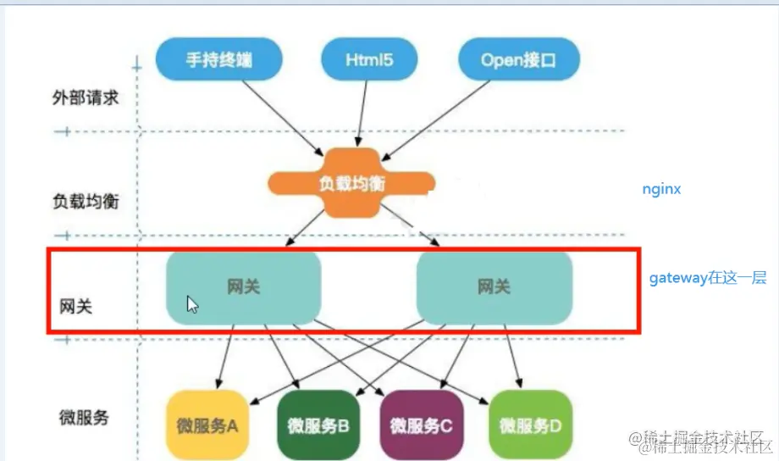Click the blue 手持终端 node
point(219,60)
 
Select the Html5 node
point(369,60)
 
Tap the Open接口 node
point(518,60)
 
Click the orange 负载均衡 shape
point(351,182)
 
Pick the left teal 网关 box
point(244,287)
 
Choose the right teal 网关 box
point(494,287)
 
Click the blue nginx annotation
point(660,189)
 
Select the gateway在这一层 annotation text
point(708,277)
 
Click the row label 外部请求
point(85,97)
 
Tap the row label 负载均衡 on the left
point(85,202)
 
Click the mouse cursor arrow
point(192,304)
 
